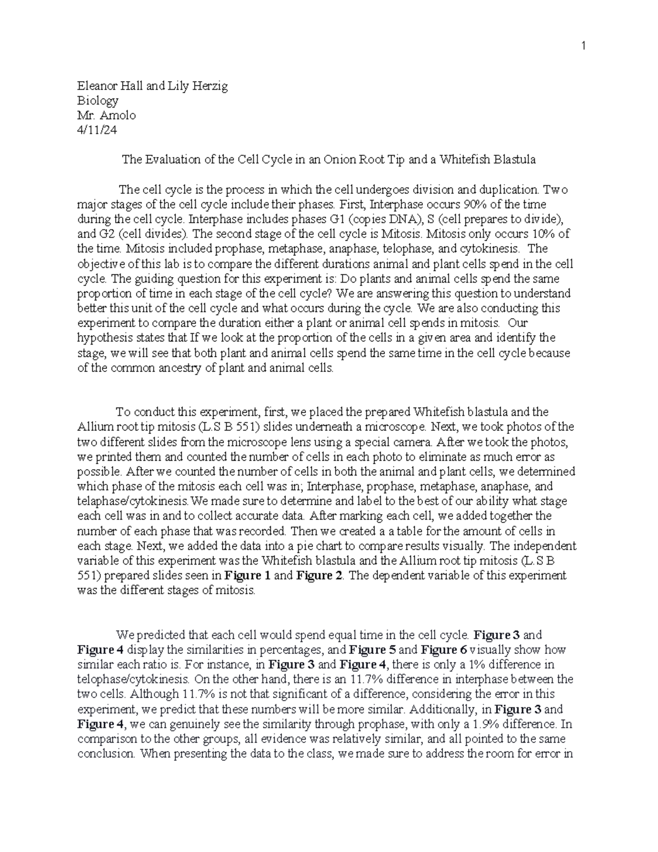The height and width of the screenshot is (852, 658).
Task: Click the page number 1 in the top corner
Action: (x=585, y=47)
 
